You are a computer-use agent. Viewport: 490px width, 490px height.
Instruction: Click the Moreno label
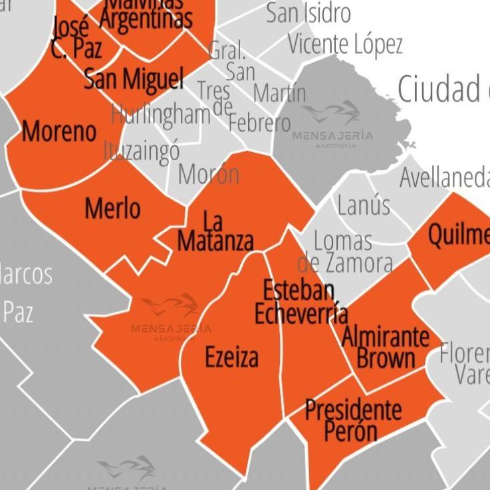point(59,131)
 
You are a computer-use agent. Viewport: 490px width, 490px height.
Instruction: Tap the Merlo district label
point(112,209)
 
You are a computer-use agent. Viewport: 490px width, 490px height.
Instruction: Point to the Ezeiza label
point(231,358)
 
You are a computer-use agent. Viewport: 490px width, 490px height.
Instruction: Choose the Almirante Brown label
point(386,348)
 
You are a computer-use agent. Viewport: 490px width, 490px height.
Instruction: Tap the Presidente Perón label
point(352,421)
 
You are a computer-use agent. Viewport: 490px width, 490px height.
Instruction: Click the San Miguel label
point(134,78)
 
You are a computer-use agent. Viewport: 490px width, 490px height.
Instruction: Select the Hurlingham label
point(160,114)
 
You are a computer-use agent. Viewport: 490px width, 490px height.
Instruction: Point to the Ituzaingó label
point(142,150)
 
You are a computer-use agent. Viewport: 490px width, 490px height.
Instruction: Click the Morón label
point(208,174)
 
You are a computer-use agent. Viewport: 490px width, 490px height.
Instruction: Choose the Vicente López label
point(345,45)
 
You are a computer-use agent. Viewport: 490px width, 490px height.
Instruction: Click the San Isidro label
point(308,13)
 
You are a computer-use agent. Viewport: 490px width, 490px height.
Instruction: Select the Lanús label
point(363,205)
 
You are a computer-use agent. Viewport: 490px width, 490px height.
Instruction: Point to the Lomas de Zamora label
point(344,252)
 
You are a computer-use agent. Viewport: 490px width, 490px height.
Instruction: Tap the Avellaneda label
point(444,178)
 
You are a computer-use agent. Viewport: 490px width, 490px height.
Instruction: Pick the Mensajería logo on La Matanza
point(171,316)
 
